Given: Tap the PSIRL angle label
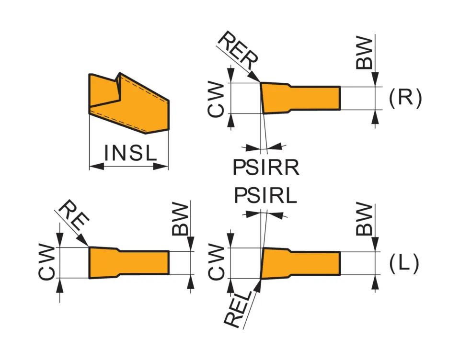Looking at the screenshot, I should (x=266, y=196).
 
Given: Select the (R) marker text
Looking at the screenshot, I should (x=405, y=98).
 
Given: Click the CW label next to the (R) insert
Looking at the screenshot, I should (x=217, y=99).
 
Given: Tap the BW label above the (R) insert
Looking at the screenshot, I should (x=365, y=54).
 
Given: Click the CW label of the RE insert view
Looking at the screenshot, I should (x=47, y=262).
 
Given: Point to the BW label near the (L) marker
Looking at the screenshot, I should (x=365, y=219).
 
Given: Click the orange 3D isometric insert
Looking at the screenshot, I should (x=129, y=103).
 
